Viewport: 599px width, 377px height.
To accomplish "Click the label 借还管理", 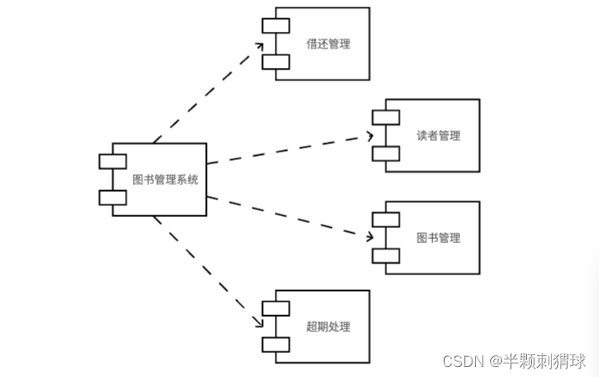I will [x=327, y=44].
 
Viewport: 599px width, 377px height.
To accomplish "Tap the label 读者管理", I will [x=437, y=136].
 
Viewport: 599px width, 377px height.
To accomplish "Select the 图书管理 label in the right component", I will [x=437, y=238].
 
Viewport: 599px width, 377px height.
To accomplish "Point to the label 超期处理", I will [x=327, y=327].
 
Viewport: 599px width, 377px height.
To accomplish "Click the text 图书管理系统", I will [x=166, y=179].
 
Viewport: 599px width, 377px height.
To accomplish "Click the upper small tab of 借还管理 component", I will [x=276, y=26].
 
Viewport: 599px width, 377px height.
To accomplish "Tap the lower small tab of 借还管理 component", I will [x=276, y=61].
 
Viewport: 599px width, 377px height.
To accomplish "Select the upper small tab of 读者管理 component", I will [x=386, y=117].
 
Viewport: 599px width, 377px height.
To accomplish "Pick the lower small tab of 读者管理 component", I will [x=386, y=153].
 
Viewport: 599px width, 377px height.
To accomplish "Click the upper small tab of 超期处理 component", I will [x=276, y=308].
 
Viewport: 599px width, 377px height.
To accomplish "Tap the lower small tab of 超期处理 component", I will [x=276, y=344].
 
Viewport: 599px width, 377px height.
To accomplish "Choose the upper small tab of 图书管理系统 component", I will [x=112, y=162].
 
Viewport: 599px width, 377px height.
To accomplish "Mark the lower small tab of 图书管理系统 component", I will [x=112, y=198].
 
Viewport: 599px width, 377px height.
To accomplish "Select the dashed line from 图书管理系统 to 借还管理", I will [x=208, y=95].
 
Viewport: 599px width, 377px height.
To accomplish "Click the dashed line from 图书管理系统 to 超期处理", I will [x=205, y=268].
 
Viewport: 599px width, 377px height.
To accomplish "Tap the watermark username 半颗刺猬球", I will [x=544, y=360].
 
